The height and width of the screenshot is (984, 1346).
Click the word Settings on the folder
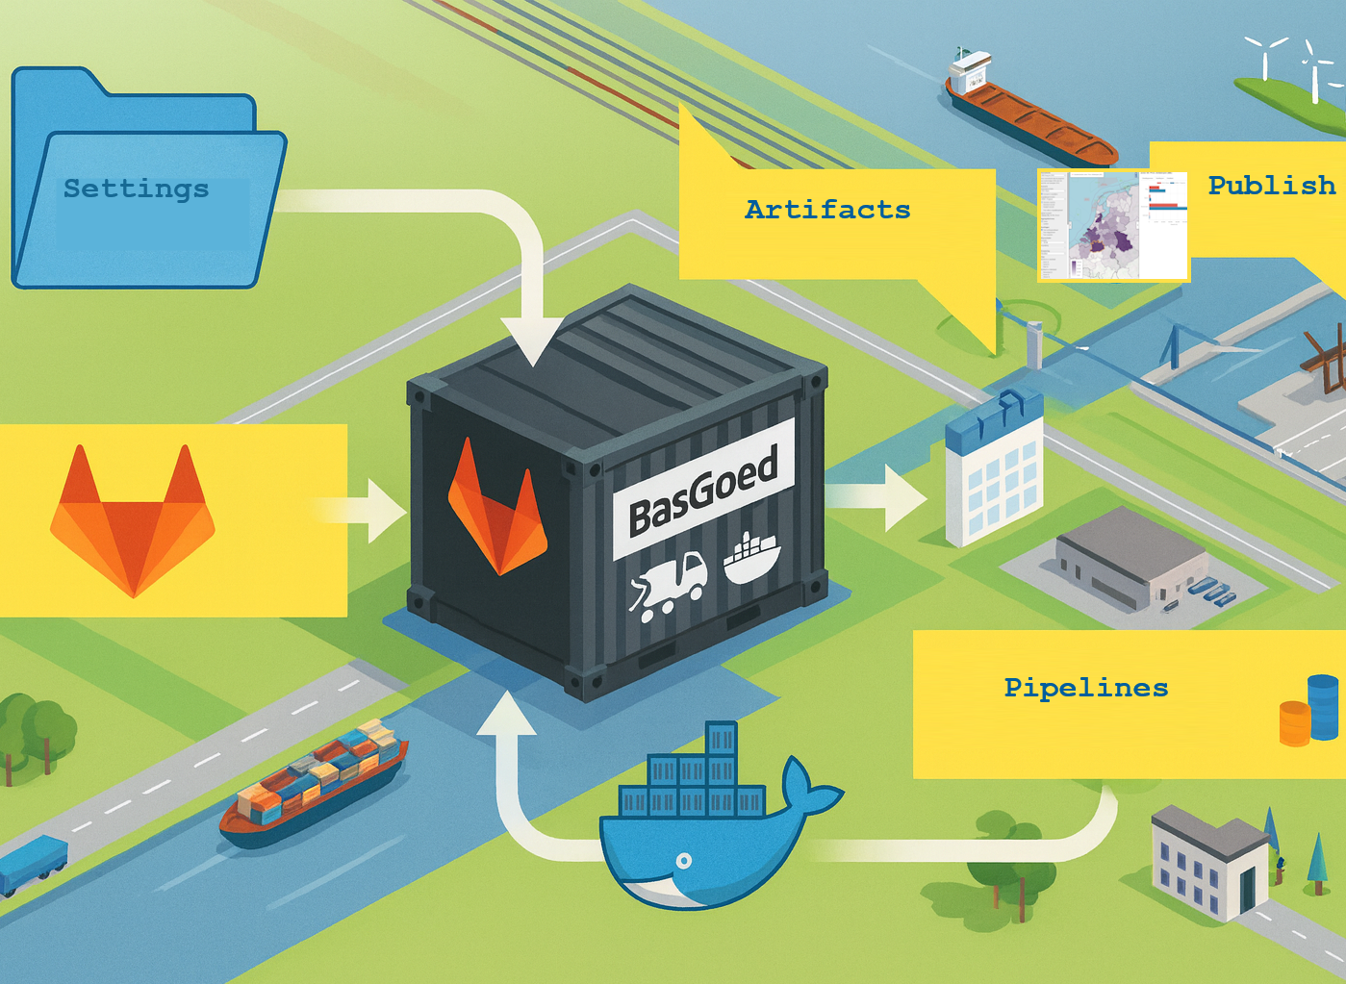click(136, 189)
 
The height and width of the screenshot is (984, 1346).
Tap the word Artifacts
click(827, 210)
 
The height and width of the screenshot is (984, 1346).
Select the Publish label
click(1271, 186)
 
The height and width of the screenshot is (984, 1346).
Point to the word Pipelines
click(1085, 688)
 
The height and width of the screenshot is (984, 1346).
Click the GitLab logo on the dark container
click(496, 509)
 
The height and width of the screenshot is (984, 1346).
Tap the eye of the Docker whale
click(683, 860)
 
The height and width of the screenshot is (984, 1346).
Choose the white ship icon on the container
click(751, 557)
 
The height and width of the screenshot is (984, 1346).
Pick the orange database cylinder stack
click(1294, 722)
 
